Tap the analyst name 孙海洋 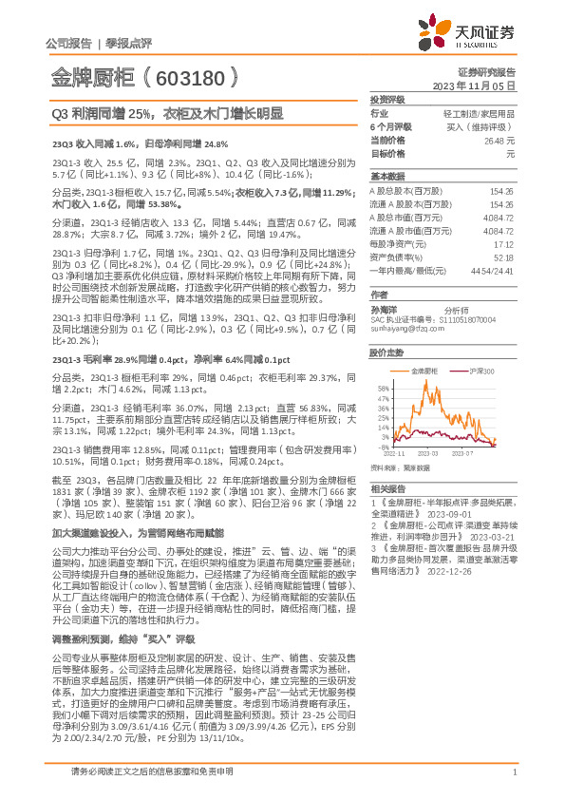pyautogui.click(x=383, y=310)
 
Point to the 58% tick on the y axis pyautogui.click(x=383, y=388)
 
